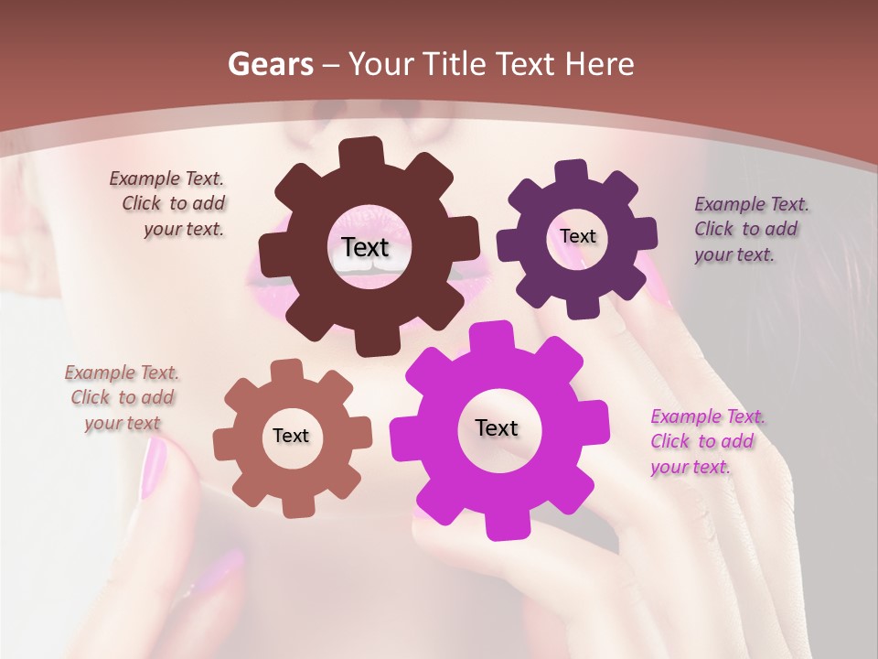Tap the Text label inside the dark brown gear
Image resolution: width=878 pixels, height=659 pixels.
pos(365,247)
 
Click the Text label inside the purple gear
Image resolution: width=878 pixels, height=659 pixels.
pos(577,236)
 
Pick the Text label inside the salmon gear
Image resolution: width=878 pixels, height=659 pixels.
pos(291,436)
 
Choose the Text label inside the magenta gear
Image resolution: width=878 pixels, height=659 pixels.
pos(497,427)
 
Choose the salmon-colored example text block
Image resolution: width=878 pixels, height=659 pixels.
pos(123,397)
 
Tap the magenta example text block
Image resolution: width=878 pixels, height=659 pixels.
pos(706,441)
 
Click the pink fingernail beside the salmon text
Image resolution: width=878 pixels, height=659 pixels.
pos(153,468)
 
